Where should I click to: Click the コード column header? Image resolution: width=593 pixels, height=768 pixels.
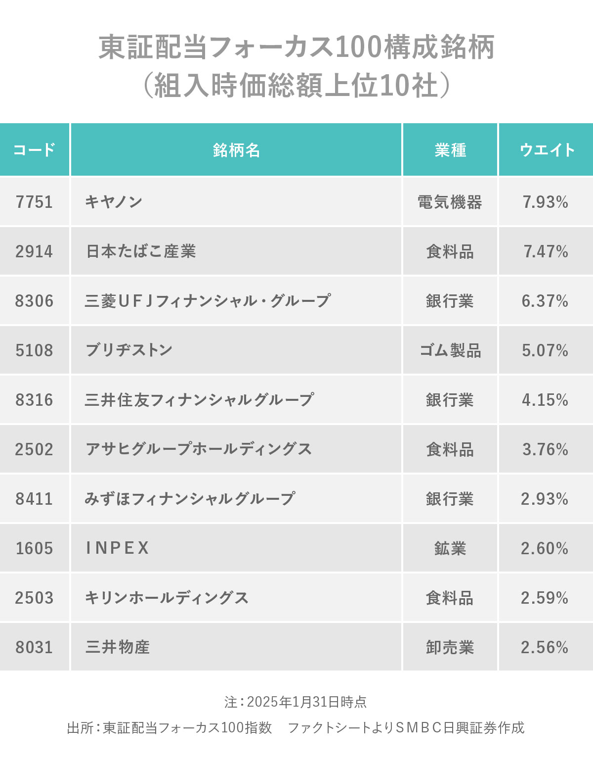point(34,149)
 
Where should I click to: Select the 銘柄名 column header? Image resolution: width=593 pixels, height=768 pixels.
point(236,149)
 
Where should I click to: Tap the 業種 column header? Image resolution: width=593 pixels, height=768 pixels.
point(450,149)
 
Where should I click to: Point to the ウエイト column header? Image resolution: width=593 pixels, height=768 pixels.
point(547,149)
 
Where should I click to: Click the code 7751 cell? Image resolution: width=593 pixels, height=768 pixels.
point(34,202)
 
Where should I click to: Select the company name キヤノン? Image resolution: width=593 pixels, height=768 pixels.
point(114,202)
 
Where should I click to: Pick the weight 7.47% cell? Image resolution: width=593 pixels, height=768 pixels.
point(546,251)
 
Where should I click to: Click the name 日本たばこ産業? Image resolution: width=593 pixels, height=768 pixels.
point(141,251)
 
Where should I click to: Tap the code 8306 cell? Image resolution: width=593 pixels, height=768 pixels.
point(34,301)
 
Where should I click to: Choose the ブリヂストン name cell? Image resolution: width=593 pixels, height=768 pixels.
point(129,350)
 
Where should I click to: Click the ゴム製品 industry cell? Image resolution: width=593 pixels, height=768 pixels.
point(450,350)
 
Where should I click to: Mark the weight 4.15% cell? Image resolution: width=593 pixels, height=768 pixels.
point(545,400)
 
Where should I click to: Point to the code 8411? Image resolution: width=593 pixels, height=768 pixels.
point(34,499)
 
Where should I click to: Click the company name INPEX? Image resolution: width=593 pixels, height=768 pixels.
point(118,548)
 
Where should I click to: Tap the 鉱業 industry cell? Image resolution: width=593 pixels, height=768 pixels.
point(450,548)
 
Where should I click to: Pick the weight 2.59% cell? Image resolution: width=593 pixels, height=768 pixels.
point(545,598)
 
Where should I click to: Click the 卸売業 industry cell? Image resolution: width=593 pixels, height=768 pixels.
point(450,647)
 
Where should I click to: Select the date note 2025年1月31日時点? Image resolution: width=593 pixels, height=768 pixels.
point(306,702)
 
